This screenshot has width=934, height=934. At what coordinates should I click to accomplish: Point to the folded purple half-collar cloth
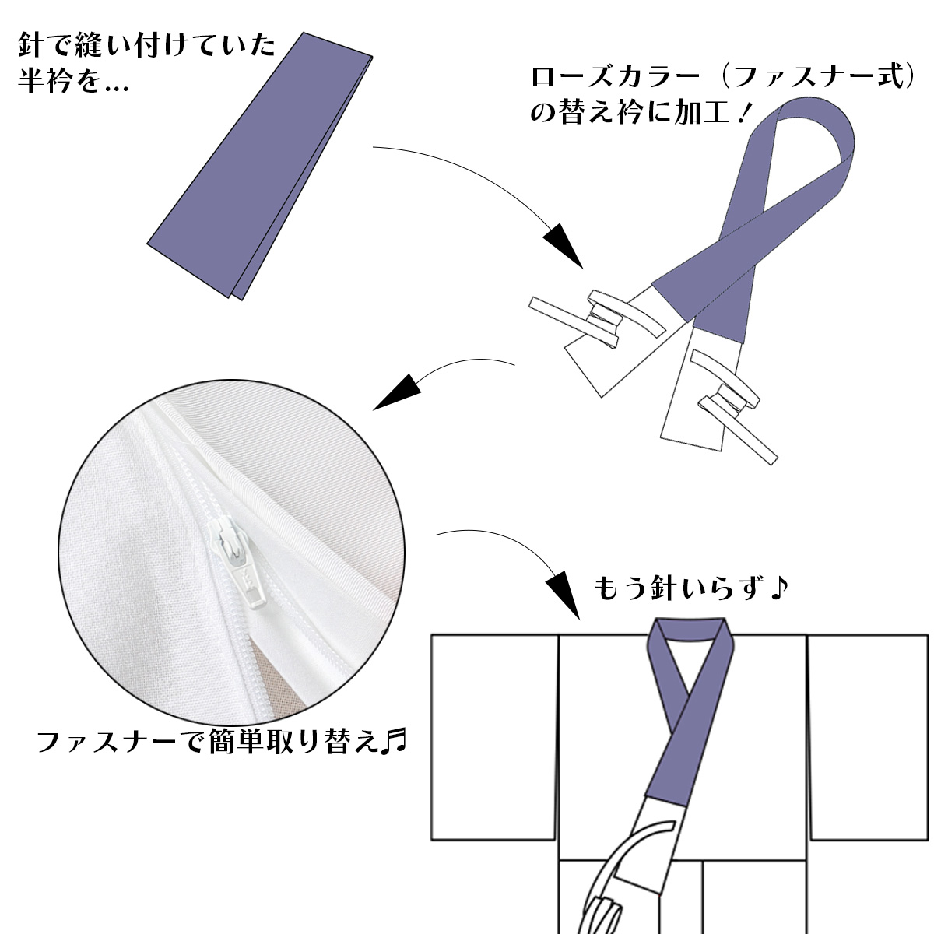click(x=260, y=166)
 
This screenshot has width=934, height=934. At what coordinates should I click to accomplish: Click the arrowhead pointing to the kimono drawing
click(x=564, y=595)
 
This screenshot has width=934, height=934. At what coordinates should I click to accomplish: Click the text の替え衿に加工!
click(x=639, y=112)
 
